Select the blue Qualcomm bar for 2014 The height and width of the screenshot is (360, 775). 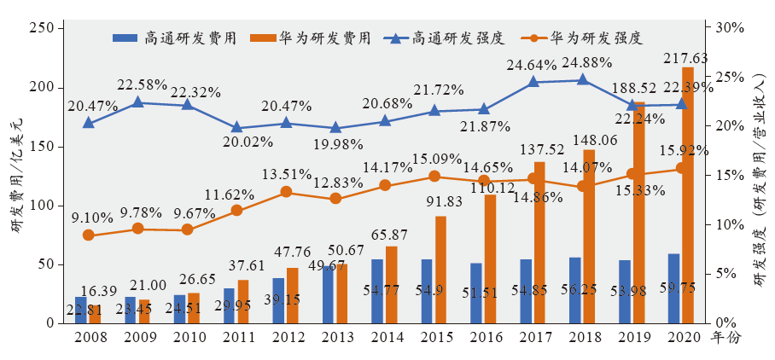click(x=377, y=291)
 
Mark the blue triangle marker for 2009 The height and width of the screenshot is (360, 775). click(x=137, y=102)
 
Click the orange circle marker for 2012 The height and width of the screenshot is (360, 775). click(x=286, y=192)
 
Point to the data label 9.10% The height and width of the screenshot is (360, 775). click(x=89, y=217)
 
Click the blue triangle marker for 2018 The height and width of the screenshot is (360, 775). click(x=582, y=80)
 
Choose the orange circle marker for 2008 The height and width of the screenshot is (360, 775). click(x=88, y=235)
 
